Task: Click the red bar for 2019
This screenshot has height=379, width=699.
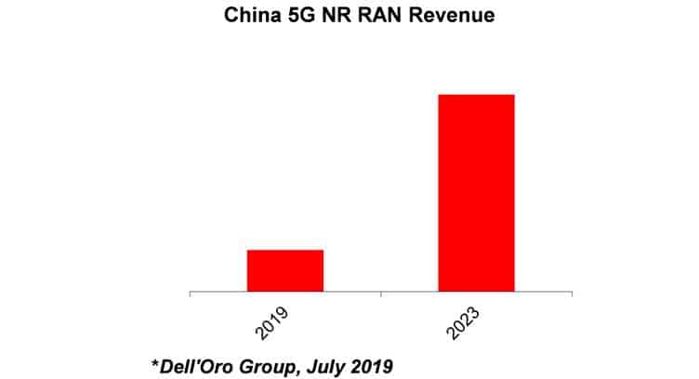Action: tap(284, 270)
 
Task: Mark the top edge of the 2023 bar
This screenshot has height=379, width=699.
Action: tap(476, 95)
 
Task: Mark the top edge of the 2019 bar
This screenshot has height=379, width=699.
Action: tap(284, 250)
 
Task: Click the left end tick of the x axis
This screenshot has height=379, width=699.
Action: tap(190, 294)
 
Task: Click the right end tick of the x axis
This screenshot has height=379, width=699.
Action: tap(572, 294)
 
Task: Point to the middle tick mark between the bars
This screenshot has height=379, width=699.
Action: tap(381, 294)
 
